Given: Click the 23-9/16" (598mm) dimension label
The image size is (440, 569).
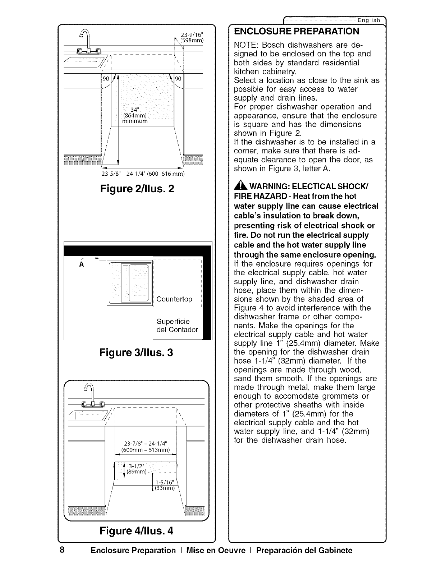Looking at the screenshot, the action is point(192,38).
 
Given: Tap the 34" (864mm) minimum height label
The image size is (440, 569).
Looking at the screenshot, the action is point(135,115).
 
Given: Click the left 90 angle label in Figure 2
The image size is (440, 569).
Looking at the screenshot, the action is point(106,79).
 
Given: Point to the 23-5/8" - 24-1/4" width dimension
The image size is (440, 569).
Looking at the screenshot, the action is point(143,174).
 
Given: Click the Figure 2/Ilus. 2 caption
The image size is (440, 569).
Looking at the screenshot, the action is point(137,189).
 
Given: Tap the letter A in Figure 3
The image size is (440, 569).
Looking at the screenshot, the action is point(82,264).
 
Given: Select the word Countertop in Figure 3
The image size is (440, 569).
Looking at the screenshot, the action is point(174,299).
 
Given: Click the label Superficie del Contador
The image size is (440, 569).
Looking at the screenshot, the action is point(177,325).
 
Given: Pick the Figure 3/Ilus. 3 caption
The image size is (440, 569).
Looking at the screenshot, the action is point(136,352).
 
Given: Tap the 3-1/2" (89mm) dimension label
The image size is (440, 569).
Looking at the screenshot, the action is point(136,469).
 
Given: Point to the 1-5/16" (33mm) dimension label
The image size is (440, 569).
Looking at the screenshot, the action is point(165,485).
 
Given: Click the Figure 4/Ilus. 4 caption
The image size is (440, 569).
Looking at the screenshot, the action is point(137,531).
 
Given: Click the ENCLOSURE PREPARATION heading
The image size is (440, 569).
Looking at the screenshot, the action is point(297,31).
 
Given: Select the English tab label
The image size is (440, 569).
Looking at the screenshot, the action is point(369,20).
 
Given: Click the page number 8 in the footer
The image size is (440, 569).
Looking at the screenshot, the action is point(62,550).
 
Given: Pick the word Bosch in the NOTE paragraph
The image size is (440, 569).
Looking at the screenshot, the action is point(273,45).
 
